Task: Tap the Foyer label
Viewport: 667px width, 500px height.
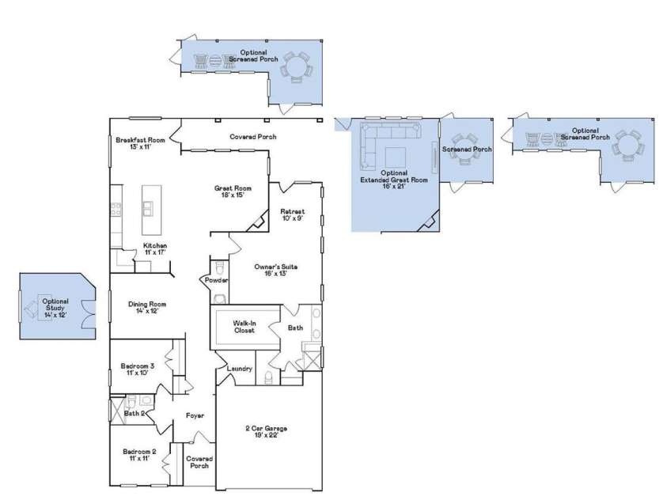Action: tap(195, 415)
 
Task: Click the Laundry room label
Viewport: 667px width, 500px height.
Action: tap(239, 369)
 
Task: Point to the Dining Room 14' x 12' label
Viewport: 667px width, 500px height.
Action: tap(148, 307)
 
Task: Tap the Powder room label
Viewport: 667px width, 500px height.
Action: tap(217, 280)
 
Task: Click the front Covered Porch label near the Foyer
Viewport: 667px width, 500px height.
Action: tap(199, 462)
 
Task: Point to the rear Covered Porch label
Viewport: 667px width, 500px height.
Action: tap(253, 136)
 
